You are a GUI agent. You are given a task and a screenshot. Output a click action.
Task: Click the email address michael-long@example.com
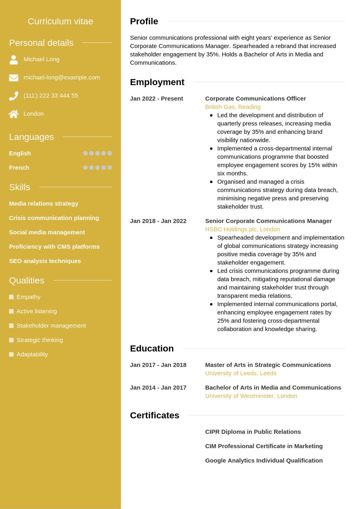click(62, 77)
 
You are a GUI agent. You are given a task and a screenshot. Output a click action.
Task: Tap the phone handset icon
click(14, 96)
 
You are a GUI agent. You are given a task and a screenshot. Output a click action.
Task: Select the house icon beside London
click(14, 114)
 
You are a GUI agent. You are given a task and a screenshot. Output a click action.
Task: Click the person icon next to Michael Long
click(14, 60)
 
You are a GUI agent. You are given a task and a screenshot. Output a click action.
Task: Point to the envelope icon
click(14, 78)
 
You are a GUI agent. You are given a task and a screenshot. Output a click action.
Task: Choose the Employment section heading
click(157, 82)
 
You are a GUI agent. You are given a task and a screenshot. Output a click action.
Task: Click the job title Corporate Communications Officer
click(255, 98)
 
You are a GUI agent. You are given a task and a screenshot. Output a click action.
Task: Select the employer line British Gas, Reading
click(233, 107)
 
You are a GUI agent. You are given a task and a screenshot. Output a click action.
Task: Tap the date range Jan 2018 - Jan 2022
click(158, 221)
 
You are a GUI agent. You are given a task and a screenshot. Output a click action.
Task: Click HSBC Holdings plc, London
click(242, 229)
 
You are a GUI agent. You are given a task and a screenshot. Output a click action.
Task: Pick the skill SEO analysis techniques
click(45, 261)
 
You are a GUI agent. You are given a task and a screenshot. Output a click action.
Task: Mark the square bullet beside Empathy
click(11, 297)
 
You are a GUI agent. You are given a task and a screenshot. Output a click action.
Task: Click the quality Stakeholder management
click(51, 326)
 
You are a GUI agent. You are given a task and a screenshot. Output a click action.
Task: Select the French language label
click(19, 168)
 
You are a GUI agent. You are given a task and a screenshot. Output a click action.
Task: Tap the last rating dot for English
click(110, 153)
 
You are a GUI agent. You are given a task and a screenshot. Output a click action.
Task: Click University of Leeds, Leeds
click(241, 373)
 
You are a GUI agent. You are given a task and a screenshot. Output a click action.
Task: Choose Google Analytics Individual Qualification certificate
click(264, 460)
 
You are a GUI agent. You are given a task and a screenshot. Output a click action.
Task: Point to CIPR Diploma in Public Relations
click(253, 432)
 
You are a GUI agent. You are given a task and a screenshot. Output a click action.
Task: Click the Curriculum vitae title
click(60, 21)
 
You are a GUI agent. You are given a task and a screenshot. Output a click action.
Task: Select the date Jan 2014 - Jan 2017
click(158, 387)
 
